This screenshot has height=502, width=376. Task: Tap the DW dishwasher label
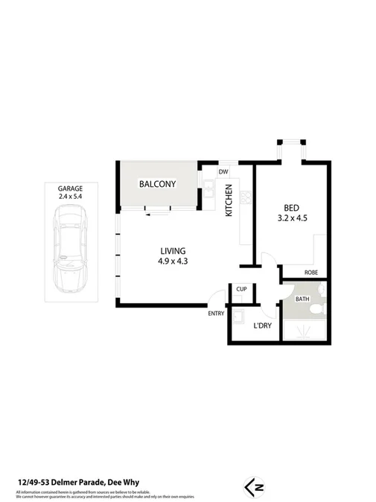tap(223, 171)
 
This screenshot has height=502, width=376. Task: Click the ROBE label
tap(310, 273)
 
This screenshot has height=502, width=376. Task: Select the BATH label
tap(302, 299)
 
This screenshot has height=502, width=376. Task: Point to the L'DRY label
tap(262, 325)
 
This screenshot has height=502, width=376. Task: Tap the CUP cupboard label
tap(241, 289)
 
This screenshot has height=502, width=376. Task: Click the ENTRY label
tap(216, 314)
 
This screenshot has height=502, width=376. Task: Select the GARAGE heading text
tap(70, 188)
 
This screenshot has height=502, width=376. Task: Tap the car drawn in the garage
tap(70, 245)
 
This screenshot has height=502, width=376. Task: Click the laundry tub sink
tap(238, 318)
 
